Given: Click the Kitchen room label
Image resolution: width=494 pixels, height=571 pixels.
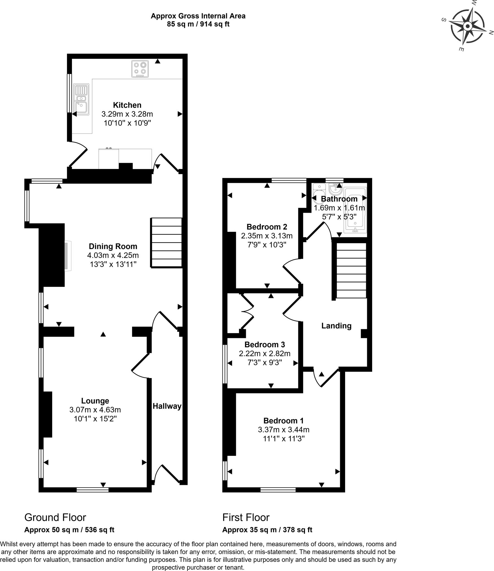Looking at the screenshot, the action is [x=127, y=105].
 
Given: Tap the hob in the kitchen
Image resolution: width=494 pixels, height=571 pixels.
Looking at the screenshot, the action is [x=140, y=69].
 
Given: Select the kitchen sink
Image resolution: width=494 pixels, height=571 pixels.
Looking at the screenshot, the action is [x=81, y=100].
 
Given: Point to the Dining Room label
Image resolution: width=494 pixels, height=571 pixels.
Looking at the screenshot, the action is [x=113, y=246].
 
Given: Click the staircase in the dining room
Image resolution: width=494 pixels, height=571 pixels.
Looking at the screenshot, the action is [x=166, y=243].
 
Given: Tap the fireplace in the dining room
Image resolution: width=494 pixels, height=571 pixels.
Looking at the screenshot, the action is [x=68, y=256].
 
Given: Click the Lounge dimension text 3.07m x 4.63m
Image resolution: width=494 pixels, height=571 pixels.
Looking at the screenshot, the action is [x=95, y=410].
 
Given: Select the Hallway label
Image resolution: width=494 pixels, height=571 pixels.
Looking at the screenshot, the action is [x=167, y=406].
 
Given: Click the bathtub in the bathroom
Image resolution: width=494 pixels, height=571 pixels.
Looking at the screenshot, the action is [x=355, y=210].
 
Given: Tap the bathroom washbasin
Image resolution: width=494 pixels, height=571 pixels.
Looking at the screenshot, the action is [x=336, y=189].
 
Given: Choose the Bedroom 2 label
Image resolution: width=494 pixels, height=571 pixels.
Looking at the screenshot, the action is [x=267, y=227].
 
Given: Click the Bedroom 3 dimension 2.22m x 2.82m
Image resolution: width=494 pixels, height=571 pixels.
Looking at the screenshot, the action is [x=265, y=354].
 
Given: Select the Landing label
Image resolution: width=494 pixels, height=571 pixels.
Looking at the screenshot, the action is [x=336, y=326].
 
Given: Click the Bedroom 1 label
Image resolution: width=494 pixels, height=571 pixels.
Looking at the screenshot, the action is [x=284, y=420].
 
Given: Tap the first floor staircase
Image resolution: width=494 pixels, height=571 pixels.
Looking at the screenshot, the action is [x=351, y=270].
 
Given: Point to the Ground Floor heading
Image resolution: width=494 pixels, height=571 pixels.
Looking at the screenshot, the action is [x=55, y=517].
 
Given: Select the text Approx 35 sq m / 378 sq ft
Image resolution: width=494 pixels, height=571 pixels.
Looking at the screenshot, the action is [x=267, y=530].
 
